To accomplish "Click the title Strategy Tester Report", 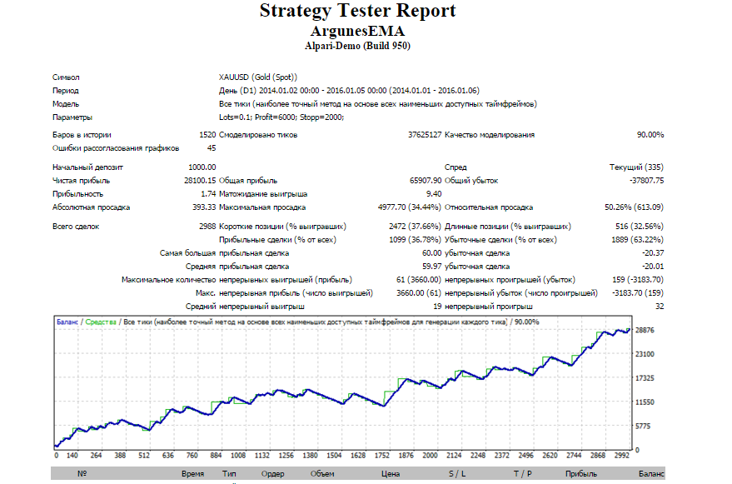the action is pos(357,11).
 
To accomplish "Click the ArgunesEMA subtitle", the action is pos(357,31).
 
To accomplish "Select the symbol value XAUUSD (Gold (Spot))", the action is pos(257,77).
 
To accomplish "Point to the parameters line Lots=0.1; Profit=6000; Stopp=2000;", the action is pos(281,117).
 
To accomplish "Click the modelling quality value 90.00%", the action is pos(650,135).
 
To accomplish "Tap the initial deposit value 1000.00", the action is pos(202,167).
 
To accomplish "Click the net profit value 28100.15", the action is pos(200,180).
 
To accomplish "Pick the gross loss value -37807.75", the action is pos(646,180).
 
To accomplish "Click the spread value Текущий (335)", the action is pos(636,167).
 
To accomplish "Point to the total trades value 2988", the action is pos(207,226).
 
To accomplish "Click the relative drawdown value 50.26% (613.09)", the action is pos(634,207).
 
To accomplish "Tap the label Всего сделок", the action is pos(76,227).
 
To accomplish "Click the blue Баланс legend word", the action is pos(67,322).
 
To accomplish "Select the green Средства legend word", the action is pos(101,322).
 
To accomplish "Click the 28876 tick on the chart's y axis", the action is pos(645,330).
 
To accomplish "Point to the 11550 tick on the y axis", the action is pos(645,402).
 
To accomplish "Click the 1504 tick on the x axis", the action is pos(334,455).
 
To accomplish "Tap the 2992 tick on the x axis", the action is pos(622,455).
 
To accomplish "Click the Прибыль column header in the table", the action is pos(580,474).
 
